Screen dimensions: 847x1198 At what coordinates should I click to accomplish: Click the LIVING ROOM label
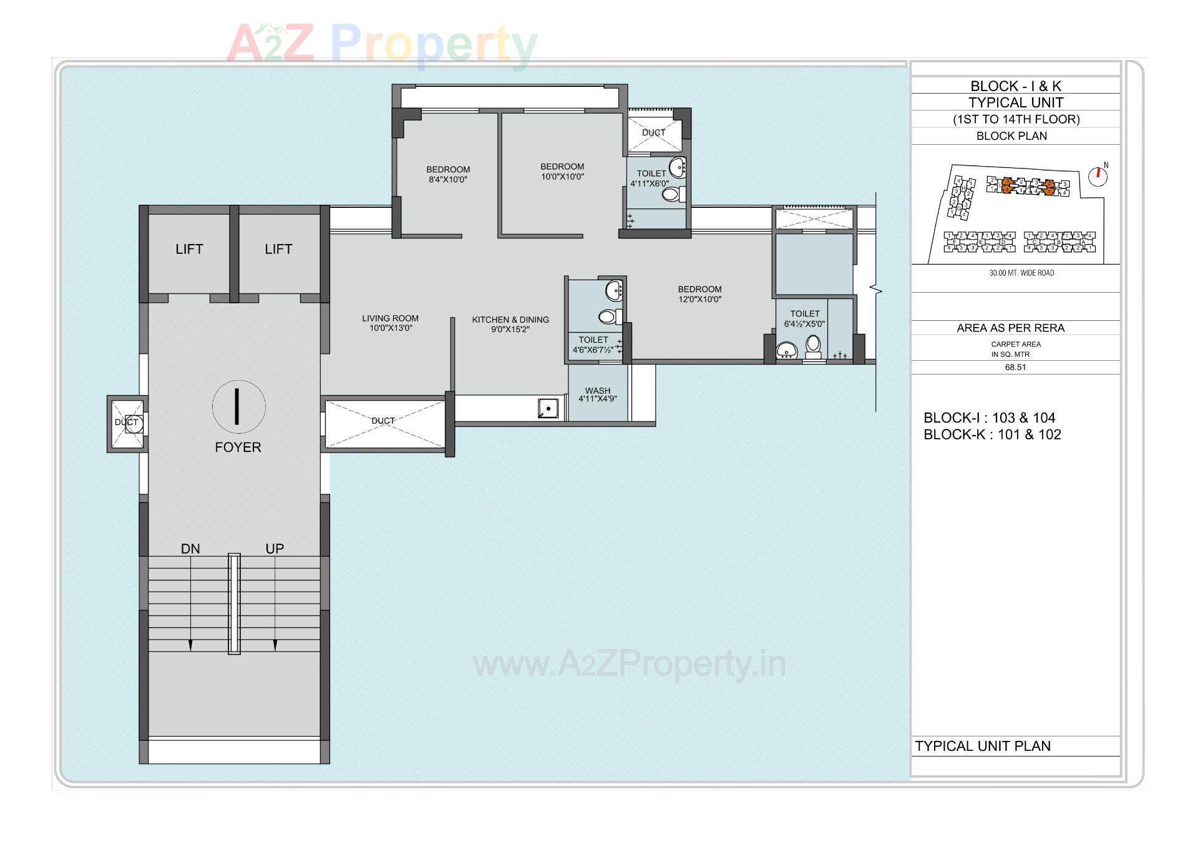pyautogui.click(x=390, y=318)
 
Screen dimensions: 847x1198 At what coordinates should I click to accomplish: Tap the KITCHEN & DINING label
pyautogui.click(x=510, y=320)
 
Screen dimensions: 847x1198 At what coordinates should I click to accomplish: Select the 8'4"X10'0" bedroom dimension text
pyautogui.click(x=448, y=180)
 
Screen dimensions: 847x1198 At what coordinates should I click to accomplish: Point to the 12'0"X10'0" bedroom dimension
pyautogui.click(x=699, y=300)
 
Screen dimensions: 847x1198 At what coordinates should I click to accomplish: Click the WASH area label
pyautogui.click(x=598, y=391)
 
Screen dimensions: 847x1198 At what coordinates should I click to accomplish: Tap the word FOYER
pyautogui.click(x=238, y=448)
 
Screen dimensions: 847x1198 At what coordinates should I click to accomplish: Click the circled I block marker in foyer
pyautogui.click(x=238, y=406)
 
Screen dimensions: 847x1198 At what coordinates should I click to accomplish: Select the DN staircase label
pyautogui.click(x=190, y=549)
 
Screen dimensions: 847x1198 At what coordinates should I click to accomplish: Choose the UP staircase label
pyautogui.click(x=275, y=549)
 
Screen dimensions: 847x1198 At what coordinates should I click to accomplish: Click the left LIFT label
pyautogui.click(x=189, y=249)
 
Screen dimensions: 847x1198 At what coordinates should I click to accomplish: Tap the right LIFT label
pyautogui.click(x=278, y=249)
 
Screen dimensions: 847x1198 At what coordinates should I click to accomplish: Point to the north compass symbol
pyautogui.click(x=1098, y=176)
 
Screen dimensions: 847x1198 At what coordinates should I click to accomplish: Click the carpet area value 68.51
pyautogui.click(x=1015, y=368)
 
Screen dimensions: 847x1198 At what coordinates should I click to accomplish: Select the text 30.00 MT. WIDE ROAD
pyautogui.click(x=1021, y=273)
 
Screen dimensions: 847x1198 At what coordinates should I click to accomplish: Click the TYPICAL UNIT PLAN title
pyautogui.click(x=983, y=747)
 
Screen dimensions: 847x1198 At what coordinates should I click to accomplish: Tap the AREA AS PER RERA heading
pyautogui.click(x=1011, y=328)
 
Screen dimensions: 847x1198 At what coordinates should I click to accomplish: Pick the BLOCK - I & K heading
pyautogui.click(x=1016, y=86)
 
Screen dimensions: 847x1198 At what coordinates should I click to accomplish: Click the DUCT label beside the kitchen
pyautogui.click(x=383, y=421)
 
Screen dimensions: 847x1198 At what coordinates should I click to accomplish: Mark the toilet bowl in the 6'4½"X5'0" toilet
pyautogui.click(x=813, y=345)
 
